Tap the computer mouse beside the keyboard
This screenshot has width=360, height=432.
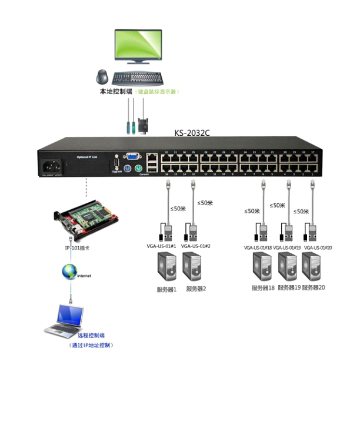(102, 76)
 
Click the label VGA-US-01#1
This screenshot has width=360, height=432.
(162, 246)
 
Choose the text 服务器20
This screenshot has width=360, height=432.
(314, 287)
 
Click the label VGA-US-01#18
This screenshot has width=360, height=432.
(258, 248)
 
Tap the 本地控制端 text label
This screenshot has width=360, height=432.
(116, 92)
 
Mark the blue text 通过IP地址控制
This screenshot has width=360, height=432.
(91, 345)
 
